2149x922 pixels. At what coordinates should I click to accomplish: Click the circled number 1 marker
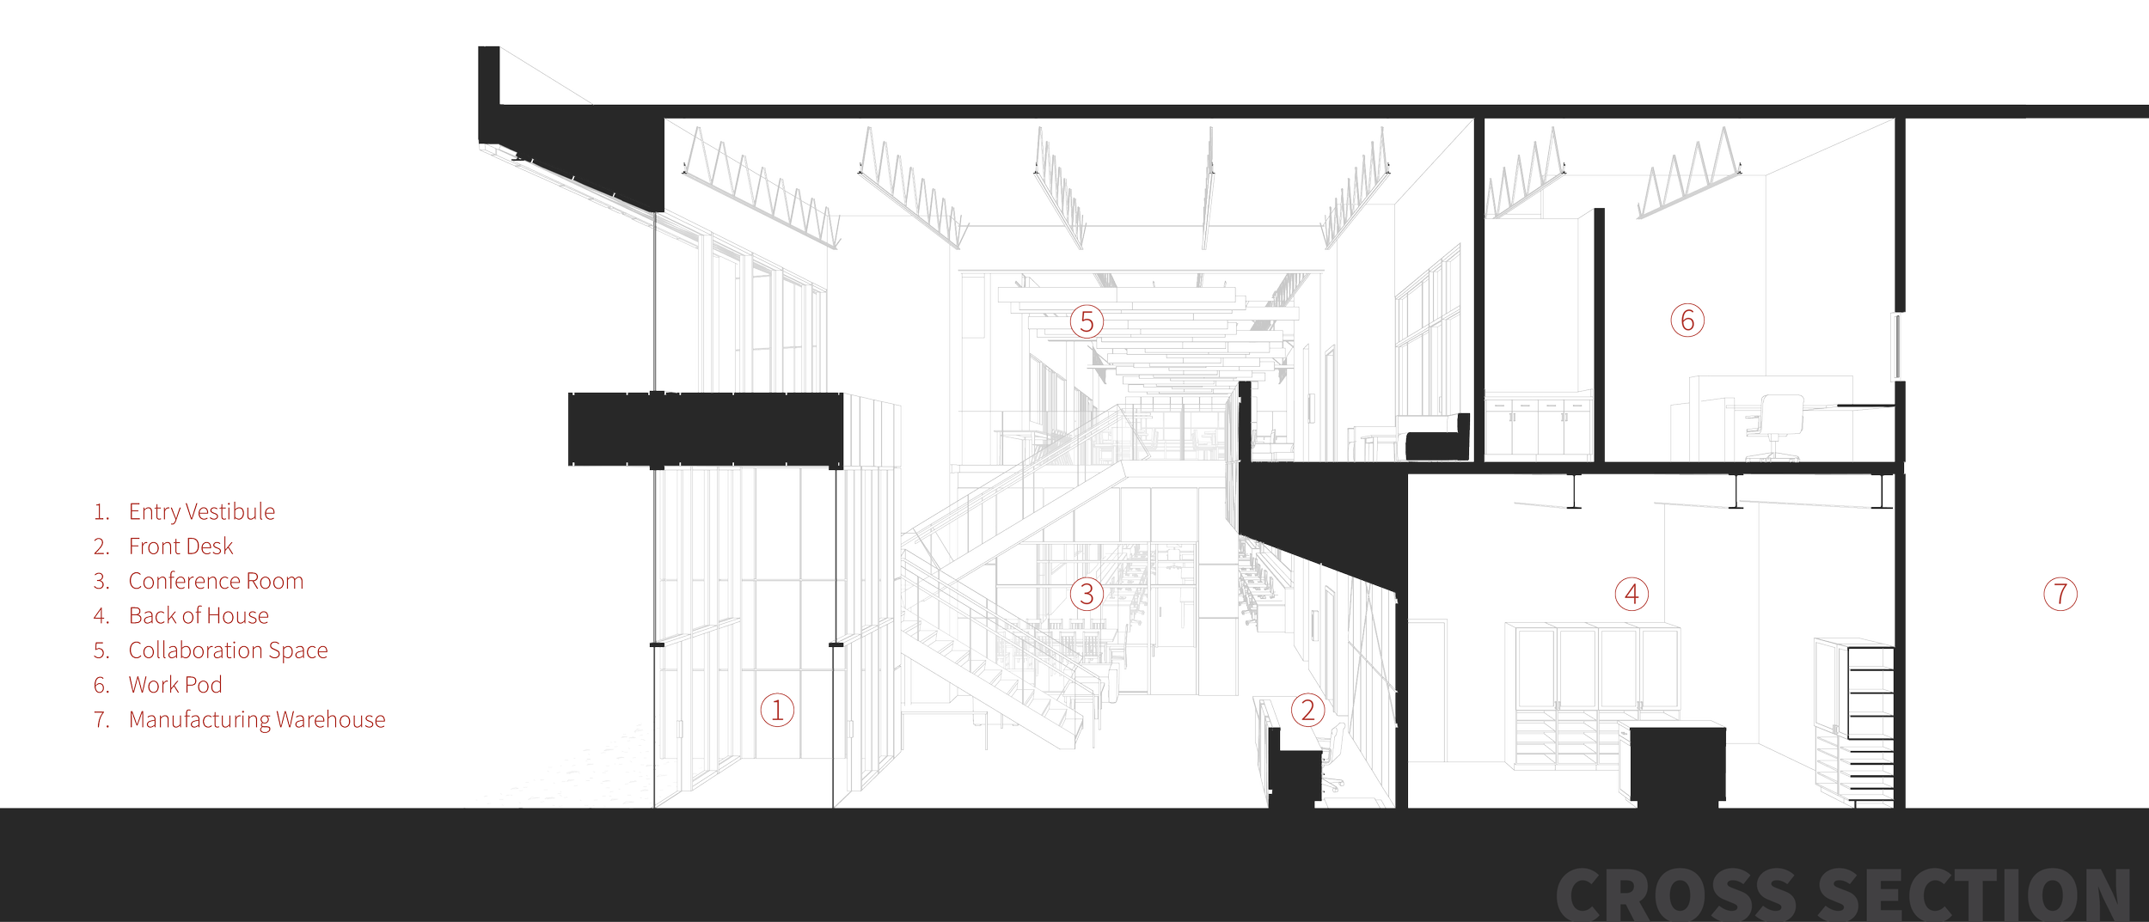[776, 711]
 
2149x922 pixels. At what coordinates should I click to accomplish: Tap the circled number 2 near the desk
[1307, 711]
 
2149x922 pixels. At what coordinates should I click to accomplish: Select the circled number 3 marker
[1087, 594]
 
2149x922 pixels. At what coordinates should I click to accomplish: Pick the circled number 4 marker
[1631, 594]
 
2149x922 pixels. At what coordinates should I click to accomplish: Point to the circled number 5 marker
[1086, 322]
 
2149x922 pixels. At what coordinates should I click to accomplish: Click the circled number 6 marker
[1687, 321]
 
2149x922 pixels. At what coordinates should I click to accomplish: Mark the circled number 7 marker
[2060, 594]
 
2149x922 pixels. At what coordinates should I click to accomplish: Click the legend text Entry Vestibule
[201, 512]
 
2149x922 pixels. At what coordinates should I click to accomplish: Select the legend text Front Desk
[181, 546]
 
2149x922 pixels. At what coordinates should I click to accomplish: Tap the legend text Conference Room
[216, 581]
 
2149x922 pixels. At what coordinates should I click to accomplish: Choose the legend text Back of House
[199, 615]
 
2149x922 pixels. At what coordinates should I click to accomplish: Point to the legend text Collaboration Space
[228, 650]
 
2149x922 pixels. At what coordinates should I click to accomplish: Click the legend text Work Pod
[175, 685]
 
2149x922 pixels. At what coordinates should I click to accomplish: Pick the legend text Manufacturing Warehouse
[256, 719]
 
